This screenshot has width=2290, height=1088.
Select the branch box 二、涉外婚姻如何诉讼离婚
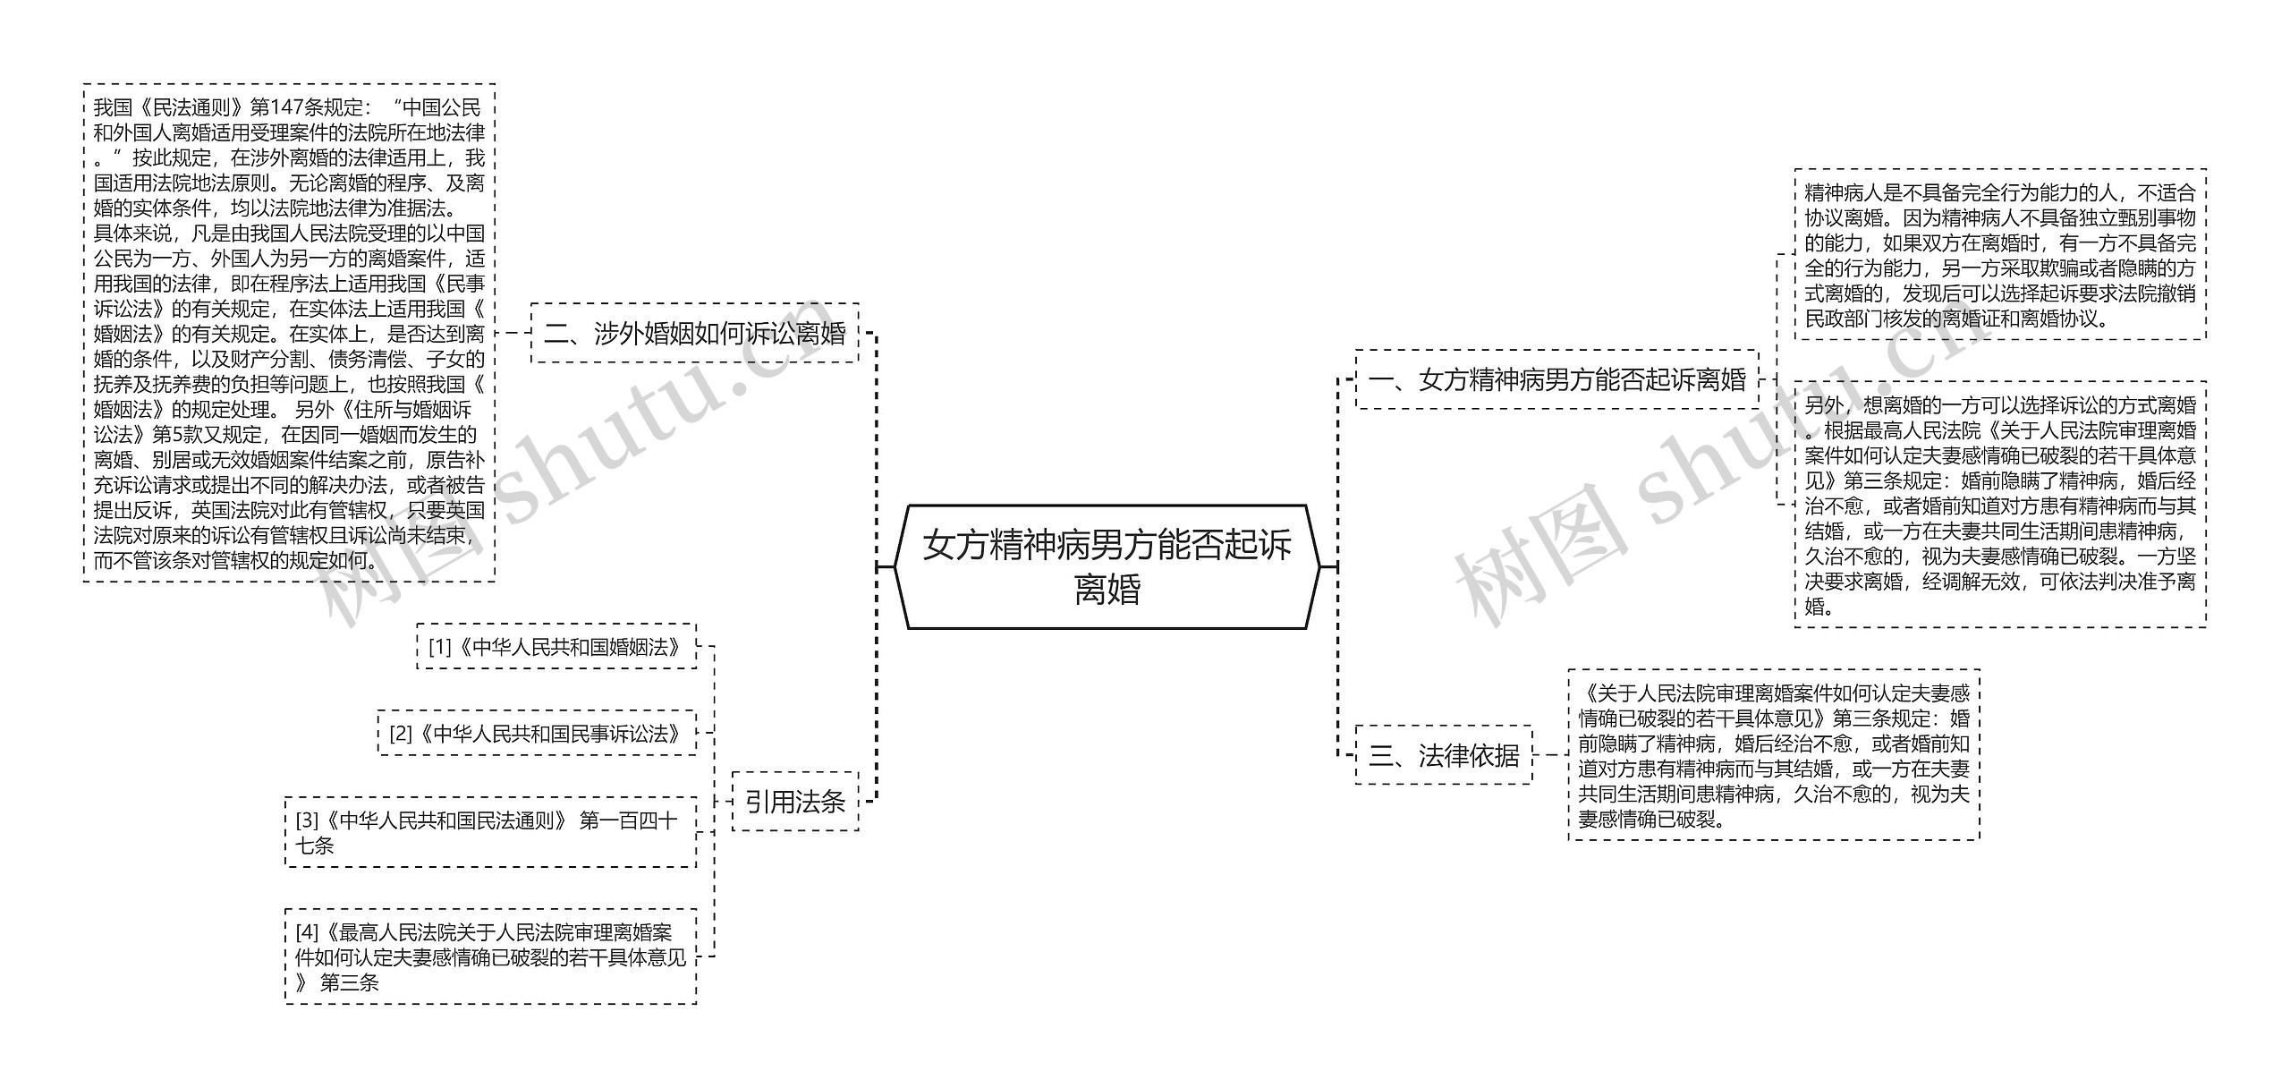coord(695,334)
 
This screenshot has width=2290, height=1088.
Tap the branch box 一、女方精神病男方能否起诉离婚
coord(1556,380)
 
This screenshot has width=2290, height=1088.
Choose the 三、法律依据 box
coord(1444,756)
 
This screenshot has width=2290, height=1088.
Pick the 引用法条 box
coord(795,802)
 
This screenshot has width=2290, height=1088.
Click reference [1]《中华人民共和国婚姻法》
coord(556,647)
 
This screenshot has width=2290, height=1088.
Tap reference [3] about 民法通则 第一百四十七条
coord(490,833)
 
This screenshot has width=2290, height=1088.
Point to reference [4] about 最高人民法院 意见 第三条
coord(490,957)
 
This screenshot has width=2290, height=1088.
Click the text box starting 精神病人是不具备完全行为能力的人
coord(2000,255)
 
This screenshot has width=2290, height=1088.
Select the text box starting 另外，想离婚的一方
coord(2000,506)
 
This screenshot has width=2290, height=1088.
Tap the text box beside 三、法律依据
coord(1774,756)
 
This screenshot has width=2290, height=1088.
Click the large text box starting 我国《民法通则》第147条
coord(289,334)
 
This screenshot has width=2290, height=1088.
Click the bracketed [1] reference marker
coord(440,647)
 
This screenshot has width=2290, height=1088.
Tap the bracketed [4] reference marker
coord(307,933)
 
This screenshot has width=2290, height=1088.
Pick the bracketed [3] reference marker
coord(307,820)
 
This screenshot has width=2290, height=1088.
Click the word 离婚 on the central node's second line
coord(1107,591)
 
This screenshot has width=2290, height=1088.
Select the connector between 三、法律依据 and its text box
coord(1550,756)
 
